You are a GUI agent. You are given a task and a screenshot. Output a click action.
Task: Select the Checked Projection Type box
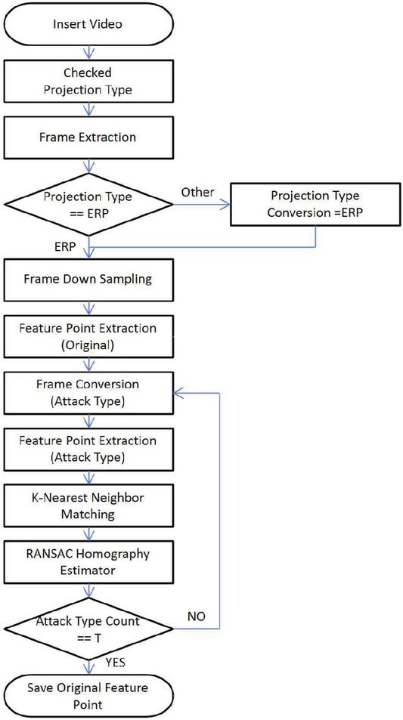coord(88,82)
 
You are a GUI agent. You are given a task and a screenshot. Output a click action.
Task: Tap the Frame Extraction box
coord(88,138)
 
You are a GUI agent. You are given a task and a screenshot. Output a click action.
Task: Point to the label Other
coord(197,192)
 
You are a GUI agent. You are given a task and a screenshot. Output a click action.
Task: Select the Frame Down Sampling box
coord(88,279)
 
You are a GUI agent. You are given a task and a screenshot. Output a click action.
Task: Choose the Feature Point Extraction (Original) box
coord(88,337)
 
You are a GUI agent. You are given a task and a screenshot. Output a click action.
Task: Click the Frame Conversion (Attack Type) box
coord(88,393)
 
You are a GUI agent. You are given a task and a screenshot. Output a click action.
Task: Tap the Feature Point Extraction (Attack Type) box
coord(88,449)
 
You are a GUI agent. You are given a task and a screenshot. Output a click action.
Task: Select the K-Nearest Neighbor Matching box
coord(88,505)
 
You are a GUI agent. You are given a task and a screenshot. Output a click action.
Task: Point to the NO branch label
coord(197,616)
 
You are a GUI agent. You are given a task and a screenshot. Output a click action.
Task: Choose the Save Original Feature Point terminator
coord(88,696)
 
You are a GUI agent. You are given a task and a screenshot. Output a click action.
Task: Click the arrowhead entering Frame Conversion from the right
coord(178,393)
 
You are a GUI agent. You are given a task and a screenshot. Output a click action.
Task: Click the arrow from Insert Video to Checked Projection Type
coord(88,52)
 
